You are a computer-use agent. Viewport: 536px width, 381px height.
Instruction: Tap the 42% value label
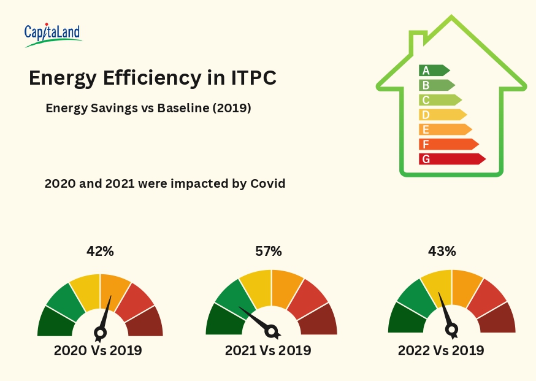tap(100, 251)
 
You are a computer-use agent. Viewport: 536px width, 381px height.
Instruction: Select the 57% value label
tap(268, 251)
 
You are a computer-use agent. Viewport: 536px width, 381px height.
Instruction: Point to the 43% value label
tap(442, 251)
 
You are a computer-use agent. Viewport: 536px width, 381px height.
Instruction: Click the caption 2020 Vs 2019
tap(98, 351)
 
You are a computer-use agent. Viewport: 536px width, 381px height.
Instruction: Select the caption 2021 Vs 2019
tap(268, 351)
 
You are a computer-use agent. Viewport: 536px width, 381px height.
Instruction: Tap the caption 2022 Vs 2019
tap(441, 351)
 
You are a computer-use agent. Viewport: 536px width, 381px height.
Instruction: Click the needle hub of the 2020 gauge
tap(100, 333)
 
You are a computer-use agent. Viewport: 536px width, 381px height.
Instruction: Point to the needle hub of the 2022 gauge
tap(452, 330)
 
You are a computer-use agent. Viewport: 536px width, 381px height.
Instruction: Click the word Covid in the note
tap(267, 183)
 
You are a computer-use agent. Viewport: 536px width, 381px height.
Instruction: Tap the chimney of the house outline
tap(418, 43)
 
